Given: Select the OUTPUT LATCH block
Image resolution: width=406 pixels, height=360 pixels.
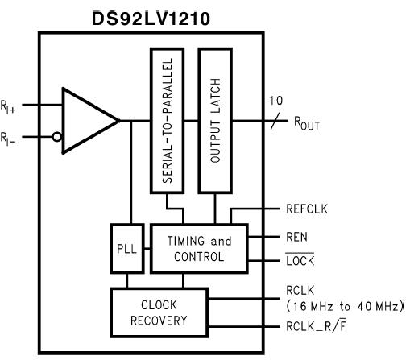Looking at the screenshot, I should [x=214, y=120].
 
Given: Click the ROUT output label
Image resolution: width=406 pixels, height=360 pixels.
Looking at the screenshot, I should [x=310, y=125].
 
